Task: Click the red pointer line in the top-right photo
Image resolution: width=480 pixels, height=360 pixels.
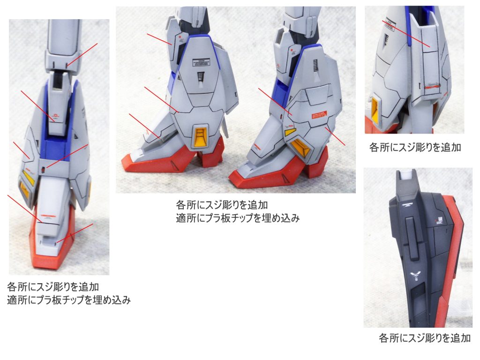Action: click(406, 33)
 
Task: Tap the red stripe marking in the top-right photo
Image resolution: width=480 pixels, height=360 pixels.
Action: click(431, 87)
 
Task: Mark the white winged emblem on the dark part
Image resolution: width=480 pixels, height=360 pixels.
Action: click(415, 275)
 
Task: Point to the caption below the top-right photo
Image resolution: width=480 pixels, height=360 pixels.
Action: click(415, 147)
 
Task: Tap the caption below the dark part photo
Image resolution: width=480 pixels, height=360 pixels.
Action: click(424, 338)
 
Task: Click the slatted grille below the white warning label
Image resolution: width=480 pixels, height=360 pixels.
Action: click(200, 76)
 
